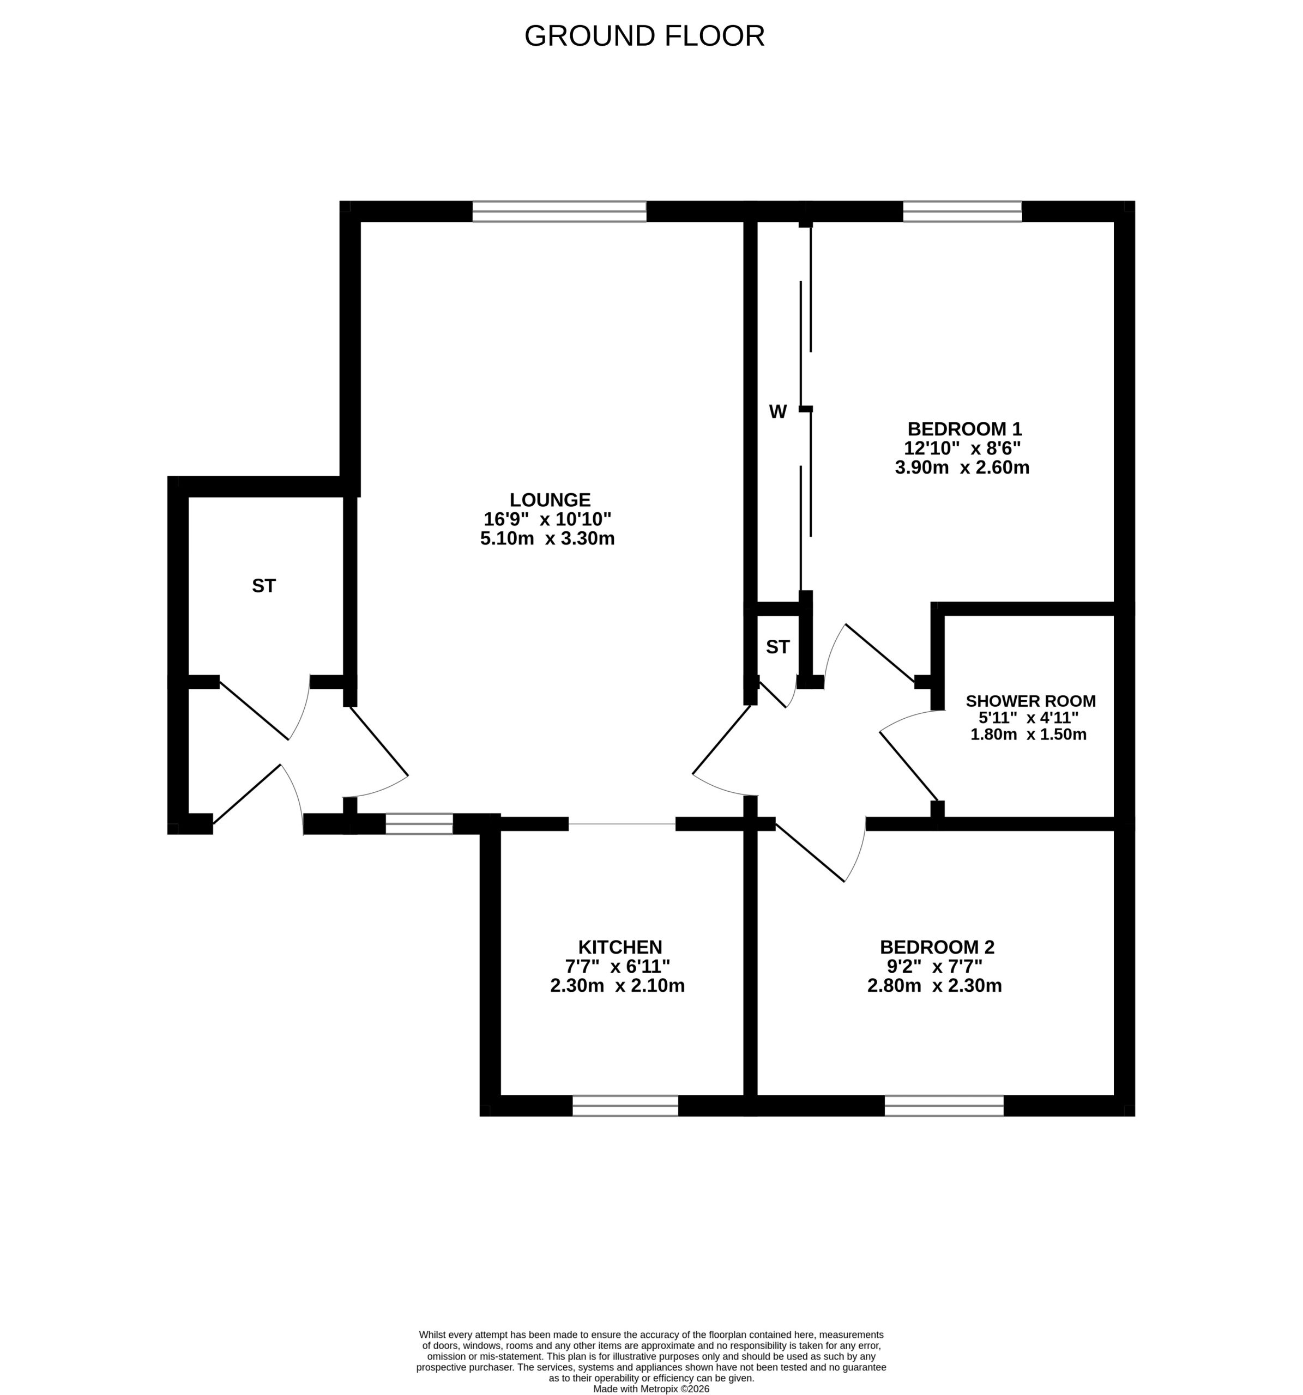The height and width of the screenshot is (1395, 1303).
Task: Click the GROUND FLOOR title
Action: [x=644, y=36]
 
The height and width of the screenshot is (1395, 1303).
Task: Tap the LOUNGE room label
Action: [x=550, y=500]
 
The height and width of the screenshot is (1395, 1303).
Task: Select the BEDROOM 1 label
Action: [x=964, y=428]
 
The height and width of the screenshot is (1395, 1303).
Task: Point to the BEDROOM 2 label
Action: [x=937, y=947]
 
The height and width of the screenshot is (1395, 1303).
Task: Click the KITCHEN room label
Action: [x=620, y=947]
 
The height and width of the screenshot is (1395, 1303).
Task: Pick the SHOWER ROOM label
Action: [x=1030, y=700]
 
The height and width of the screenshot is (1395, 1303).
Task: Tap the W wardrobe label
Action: [x=778, y=412]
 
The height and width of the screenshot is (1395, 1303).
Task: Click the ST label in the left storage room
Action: [x=264, y=585]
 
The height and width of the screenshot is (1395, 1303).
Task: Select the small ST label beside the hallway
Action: [x=778, y=646]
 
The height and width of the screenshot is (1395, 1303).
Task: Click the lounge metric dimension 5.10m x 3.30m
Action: [x=547, y=538]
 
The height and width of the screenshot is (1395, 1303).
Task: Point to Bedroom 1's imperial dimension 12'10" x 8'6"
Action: [x=962, y=448]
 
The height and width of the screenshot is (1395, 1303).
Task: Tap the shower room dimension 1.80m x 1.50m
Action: [x=1029, y=734]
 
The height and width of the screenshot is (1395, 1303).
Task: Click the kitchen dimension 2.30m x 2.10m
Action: [x=618, y=985]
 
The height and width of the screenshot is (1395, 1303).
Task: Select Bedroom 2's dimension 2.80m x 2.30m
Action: [x=934, y=985]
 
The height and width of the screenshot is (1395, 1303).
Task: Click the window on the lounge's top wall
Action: [x=559, y=211]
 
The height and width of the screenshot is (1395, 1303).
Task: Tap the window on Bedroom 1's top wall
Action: [x=962, y=211]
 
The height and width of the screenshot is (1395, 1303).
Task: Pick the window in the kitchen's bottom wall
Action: [x=625, y=1105]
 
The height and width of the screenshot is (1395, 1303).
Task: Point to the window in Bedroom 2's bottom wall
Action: [x=944, y=1105]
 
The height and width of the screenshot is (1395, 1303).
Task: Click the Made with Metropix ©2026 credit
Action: [x=652, y=1388]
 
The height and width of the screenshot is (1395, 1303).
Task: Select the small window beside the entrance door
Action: [x=419, y=823]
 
